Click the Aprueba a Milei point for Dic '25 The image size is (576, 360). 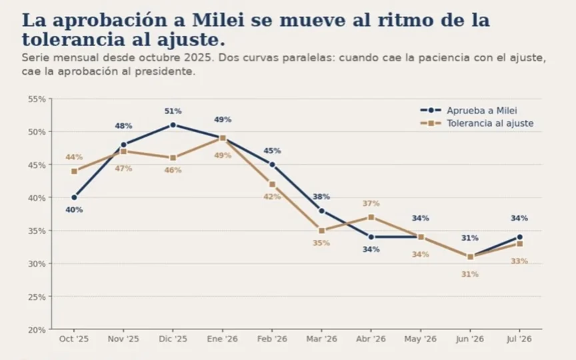point(173,125)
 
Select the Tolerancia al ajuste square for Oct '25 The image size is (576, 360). point(74,171)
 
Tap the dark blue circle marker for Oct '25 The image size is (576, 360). point(74,197)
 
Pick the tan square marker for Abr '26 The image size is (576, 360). point(371,217)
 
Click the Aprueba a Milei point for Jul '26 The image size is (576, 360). point(519,237)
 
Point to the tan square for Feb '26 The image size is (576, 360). point(272,185)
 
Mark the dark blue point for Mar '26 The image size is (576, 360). point(322,211)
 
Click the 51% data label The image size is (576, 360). point(173,111)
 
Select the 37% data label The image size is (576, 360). point(371,203)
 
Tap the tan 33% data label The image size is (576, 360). point(519,261)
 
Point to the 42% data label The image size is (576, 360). point(272,197)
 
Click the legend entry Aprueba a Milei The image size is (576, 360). point(481,111)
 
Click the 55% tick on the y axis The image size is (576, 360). point(37,99)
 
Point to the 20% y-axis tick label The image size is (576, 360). point(37,330)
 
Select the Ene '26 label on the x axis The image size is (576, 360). point(222,339)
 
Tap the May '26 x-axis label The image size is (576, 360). point(421,339)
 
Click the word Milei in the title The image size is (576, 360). point(218,20)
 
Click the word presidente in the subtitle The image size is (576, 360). point(165,71)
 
